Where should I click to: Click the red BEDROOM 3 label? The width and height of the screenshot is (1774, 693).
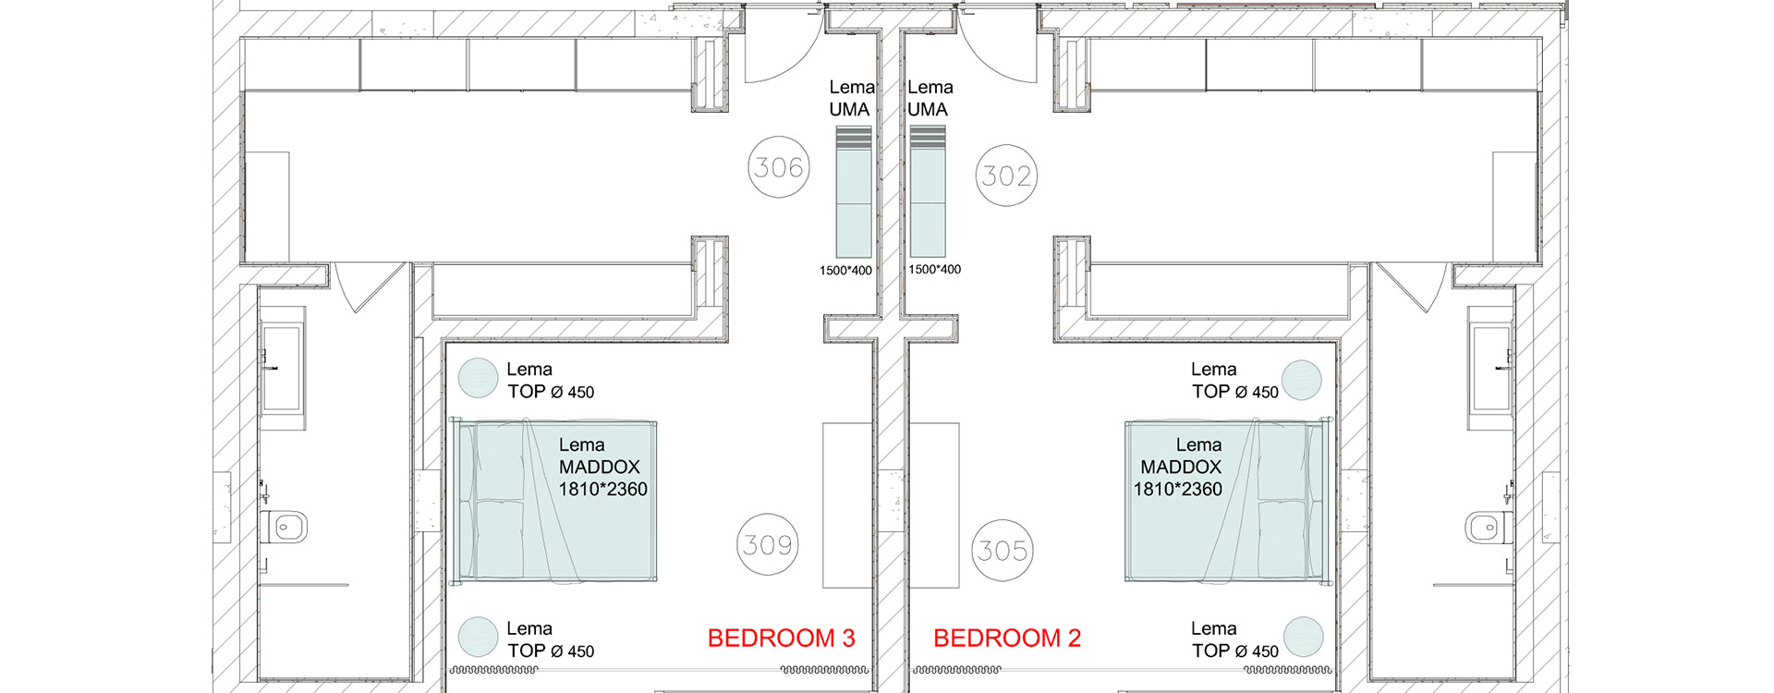pyautogui.click(x=781, y=638)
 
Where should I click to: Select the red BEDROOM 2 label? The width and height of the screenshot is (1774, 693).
pyautogui.click(x=1007, y=638)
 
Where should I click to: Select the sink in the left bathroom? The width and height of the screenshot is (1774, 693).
pyautogui.click(x=283, y=369)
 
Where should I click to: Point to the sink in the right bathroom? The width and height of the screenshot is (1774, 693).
pyautogui.click(x=1490, y=369)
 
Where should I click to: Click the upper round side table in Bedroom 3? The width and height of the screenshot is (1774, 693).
pyautogui.click(x=479, y=379)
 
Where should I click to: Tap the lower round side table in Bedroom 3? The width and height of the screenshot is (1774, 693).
pyautogui.click(x=479, y=637)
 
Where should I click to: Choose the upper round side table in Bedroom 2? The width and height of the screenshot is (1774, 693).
pyautogui.click(x=1302, y=380)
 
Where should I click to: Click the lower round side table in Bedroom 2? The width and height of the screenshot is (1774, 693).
pyautogui.click(x=1303, y=637)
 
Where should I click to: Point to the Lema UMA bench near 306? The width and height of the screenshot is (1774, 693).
pyautogui.click(x=854, y=191)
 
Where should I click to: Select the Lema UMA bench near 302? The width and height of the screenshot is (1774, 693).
pyautogui.click(x=928, y=191)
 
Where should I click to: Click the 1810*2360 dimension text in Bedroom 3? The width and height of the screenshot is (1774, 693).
pyautogui.click(x=602, y=489)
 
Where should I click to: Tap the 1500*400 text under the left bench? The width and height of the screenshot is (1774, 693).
pyautogui.click(x=845, y=271)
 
